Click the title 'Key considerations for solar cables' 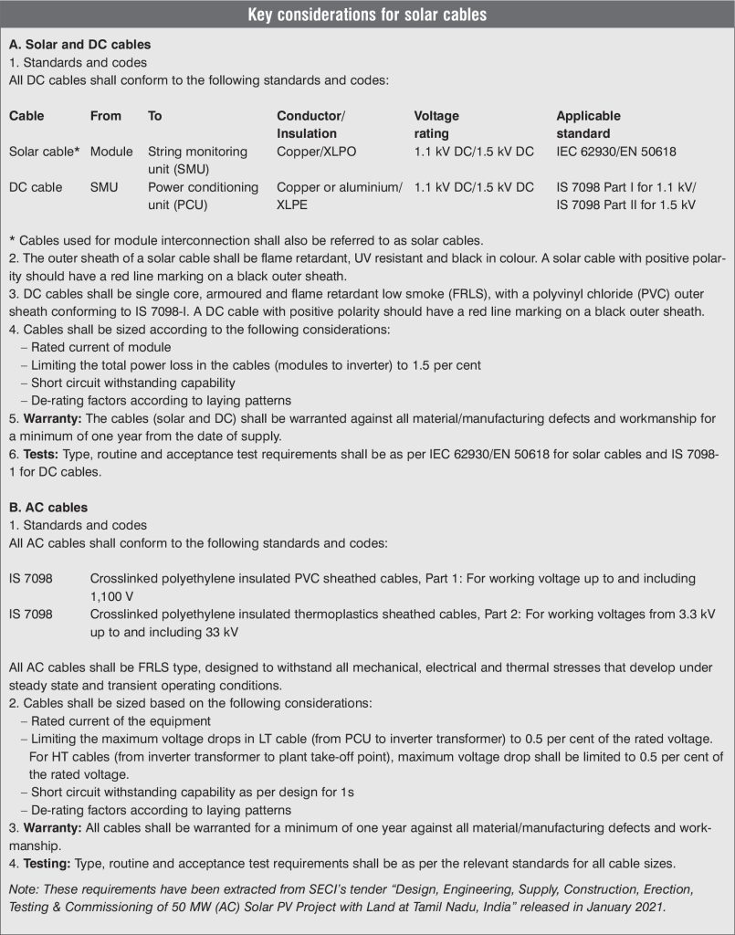(x=367, y=15)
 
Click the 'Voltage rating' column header (x=436, y=124)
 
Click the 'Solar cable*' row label (x=42, y=152)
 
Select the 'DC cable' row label (x=36, y=187)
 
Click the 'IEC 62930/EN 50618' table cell (x=616, y=152)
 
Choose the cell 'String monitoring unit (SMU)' (x=198, y=160)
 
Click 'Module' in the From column (x=111, y=152)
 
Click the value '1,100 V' (x=113, y=594)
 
